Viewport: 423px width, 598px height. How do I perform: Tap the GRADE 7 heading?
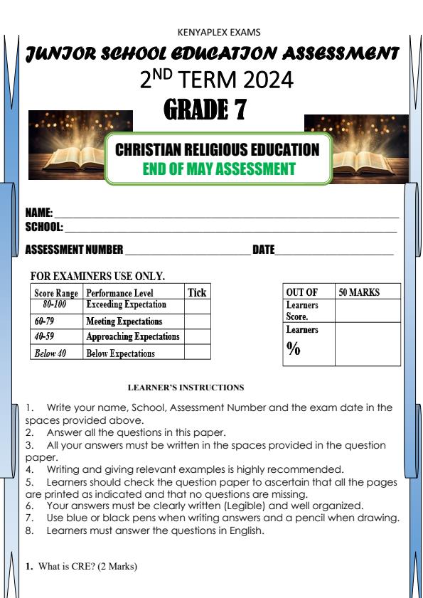coord(205,110)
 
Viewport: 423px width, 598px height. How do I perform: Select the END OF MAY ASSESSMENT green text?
coord(219,169)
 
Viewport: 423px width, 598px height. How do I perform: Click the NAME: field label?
coord(39,213)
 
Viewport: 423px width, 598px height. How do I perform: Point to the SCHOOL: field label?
coord(44,228)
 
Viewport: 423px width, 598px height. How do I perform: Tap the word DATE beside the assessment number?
coord(263,250)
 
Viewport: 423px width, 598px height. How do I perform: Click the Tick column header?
coord(197,292)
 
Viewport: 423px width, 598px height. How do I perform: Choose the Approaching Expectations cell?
coord(133,336)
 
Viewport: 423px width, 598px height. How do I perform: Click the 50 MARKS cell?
coord(359,292)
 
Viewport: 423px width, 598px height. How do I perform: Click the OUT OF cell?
coord(301,292)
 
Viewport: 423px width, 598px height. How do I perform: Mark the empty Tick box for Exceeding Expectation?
coord(198,306)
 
